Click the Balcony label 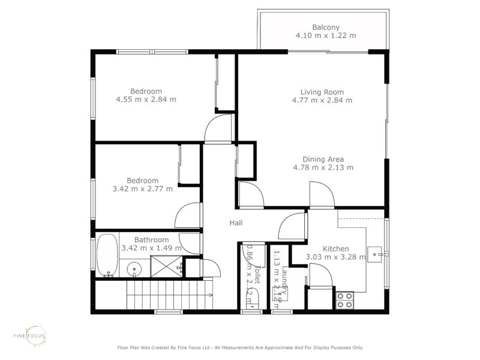pyautogui.click(x=326, y=27)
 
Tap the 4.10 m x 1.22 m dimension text pyautogui.click(x=326, y=35)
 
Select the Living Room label pyautogui.click(x=322, y=92)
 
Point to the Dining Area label pyautogui.click(x=323, y=159)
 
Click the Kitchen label pyautogui.click(x=335, y=249)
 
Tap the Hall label pyautogui.click(x=236, y=223)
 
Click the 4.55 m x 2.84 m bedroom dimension pyautogui.click(x=146, y=100)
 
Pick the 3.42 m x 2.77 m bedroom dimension pyautogui.click(x=142, y=188)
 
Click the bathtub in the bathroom pyautogui.click(x=107, y=254)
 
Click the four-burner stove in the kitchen pyautogui.click(x=344, y=299)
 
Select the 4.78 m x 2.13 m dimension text pyautogui.click(x=323, y=167)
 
